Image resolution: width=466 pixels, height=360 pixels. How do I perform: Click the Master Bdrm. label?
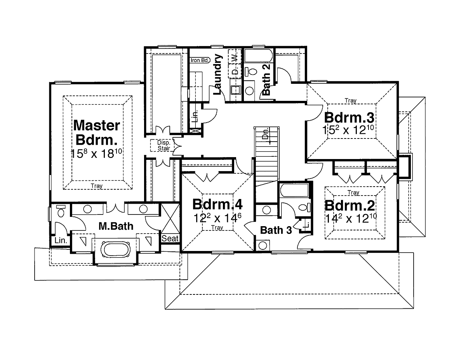[97, 132]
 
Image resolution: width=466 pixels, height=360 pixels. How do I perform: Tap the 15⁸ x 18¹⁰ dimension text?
[97, 153]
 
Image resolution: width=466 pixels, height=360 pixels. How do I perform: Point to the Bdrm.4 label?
[217, 204]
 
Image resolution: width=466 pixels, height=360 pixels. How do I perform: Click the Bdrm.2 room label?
[345, 204]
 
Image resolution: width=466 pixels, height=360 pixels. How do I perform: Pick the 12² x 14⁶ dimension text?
[217, 218]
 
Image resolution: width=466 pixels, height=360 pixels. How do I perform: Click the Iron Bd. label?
[200, 60]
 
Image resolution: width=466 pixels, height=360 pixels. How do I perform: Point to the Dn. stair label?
[266, 133]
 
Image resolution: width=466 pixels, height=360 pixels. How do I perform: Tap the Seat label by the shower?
[170, 239]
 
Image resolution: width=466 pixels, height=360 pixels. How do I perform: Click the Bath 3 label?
[276, 230]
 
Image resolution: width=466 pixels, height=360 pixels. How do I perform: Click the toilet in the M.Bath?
[61, 212]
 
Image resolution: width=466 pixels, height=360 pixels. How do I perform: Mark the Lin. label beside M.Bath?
[61, 241]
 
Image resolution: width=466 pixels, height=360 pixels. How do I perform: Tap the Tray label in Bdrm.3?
[350, 101]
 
